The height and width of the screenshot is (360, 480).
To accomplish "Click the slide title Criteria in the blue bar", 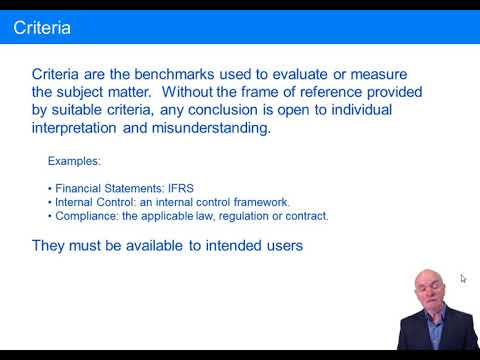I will tap(41, 27).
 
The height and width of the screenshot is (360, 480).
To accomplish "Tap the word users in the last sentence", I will tap(282, 245).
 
